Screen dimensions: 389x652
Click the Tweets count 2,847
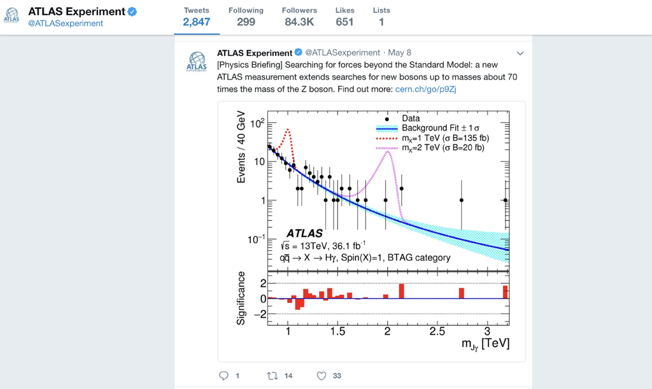(196, 22)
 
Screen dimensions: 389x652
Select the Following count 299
(246, 22)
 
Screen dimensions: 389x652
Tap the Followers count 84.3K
(299, 22)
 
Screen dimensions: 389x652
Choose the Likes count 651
(344, 22)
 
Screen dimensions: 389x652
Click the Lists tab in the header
(381, 17)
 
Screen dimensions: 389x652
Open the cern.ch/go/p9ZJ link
(425, 89)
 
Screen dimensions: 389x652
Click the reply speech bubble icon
(223, 376)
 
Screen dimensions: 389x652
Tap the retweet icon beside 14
(273, 376)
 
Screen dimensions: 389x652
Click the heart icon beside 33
(322, 376)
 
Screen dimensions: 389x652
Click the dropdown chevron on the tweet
(520, 53)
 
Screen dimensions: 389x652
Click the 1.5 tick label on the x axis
(337, 332)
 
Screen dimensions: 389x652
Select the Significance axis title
(241, 298)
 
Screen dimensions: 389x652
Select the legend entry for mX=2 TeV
(443, 148)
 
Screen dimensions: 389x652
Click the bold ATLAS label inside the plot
(304, 234)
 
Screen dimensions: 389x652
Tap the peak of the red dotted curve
(288, 130)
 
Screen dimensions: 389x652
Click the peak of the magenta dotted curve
(387, 151)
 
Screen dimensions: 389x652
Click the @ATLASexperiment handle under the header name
(65, 24)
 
